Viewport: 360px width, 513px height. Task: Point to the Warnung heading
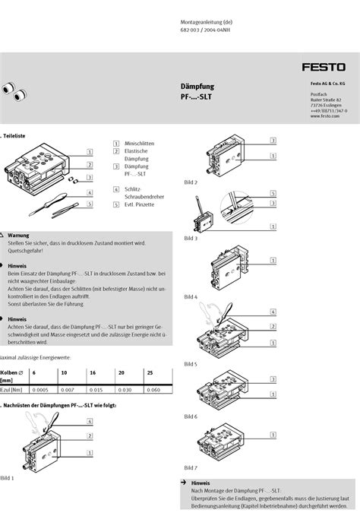pyautogui.click(x=18, y=236)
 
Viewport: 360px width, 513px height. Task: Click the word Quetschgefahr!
pyautogui.click(x=26, y=250)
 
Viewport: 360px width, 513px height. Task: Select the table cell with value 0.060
pyautogui.click(x=153, y=389)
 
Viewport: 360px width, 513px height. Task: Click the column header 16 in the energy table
pyautogui.click(x=93, y=372)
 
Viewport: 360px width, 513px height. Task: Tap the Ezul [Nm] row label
pyautogui.click(x=11, y=389)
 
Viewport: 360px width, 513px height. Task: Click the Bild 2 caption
pyautogui.click(x=191, y=182)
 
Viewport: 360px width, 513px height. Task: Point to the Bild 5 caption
pyautogui.click(x=191, y=365)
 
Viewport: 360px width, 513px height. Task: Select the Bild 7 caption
pyautogui.click(x=191, y=467)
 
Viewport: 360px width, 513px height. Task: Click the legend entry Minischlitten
pyautogui.click(x=139, y=143)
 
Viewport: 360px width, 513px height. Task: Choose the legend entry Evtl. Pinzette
pyautogui.click(x=140, y=204)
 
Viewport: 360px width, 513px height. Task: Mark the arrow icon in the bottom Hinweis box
pyautogui.click(x=183, y=483)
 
